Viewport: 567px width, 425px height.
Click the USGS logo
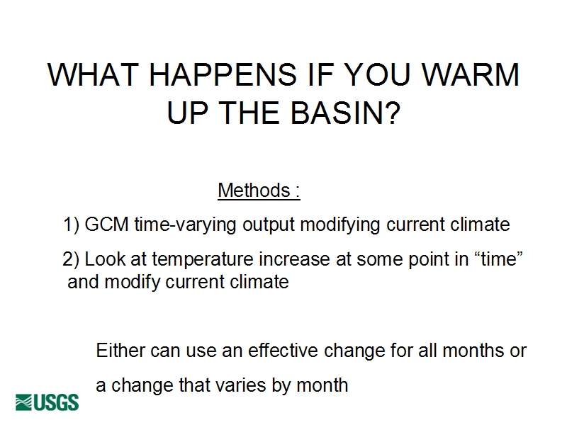[47, 402]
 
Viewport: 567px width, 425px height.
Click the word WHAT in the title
[93, 75]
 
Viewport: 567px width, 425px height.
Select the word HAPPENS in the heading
[223, 75]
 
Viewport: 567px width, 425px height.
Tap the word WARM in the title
[471, 75]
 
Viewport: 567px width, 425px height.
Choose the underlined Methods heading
[259, 190]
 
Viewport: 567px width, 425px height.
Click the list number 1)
[72, 225]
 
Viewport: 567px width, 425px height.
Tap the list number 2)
[70, 259]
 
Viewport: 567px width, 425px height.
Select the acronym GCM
[106, 224]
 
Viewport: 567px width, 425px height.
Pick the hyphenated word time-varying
[185, 225]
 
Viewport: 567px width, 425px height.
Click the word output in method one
[269, 225]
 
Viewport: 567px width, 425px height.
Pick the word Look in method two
[105, 259]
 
